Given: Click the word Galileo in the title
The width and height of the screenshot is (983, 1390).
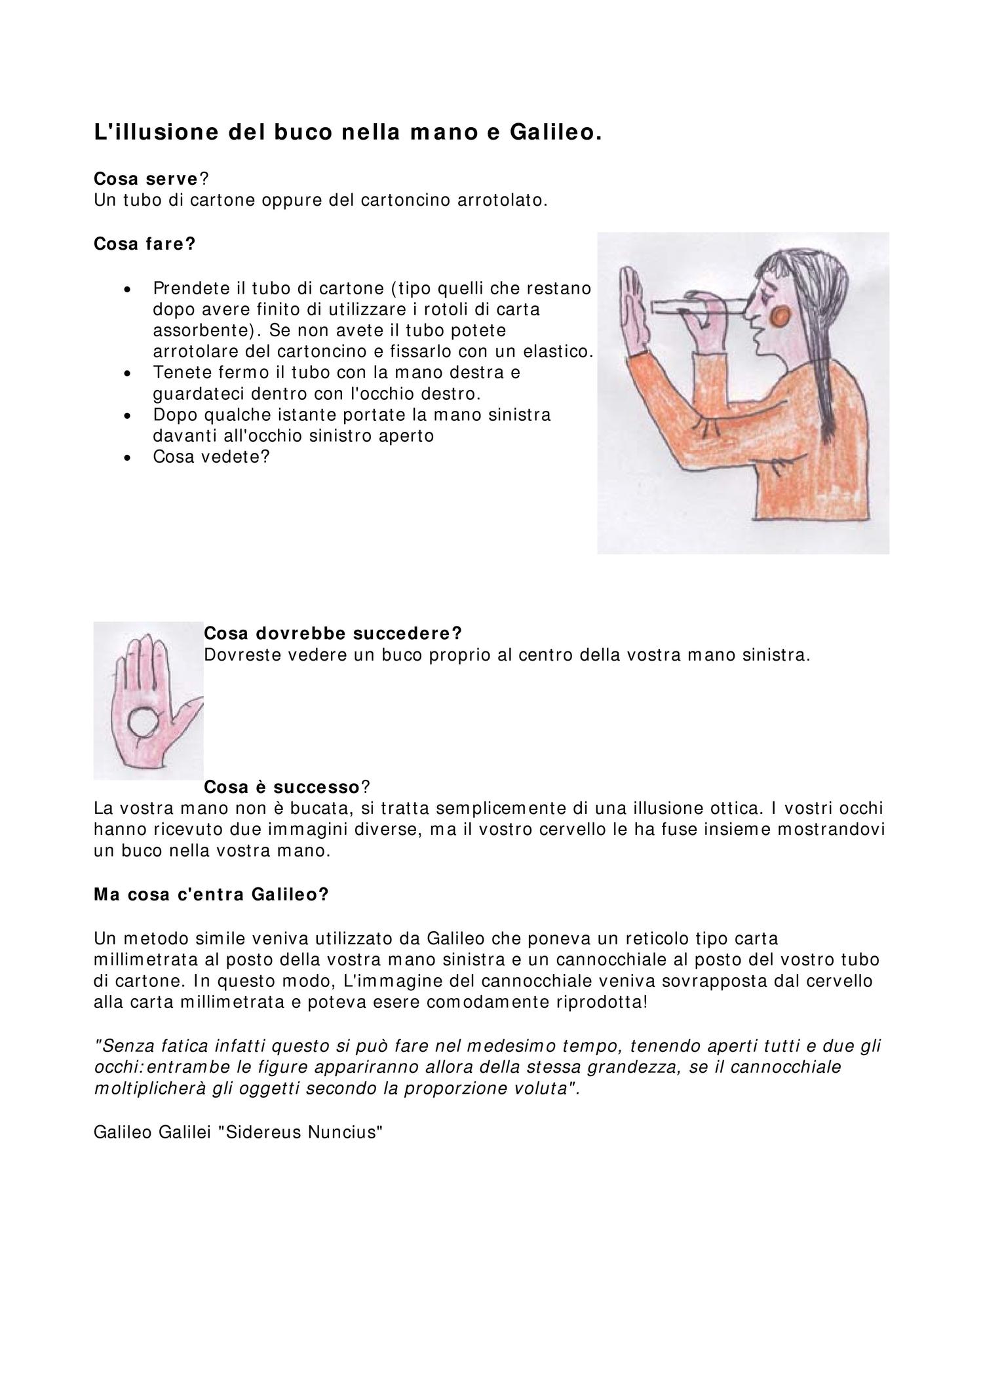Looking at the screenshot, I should tap(554, 132).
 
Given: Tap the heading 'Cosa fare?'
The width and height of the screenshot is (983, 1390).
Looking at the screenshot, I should tap(145, 244).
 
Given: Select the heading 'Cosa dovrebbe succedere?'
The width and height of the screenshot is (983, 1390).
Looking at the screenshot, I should tap(333, 633).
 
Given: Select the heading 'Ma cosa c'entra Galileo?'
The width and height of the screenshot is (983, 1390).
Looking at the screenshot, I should tap(211, 895).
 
